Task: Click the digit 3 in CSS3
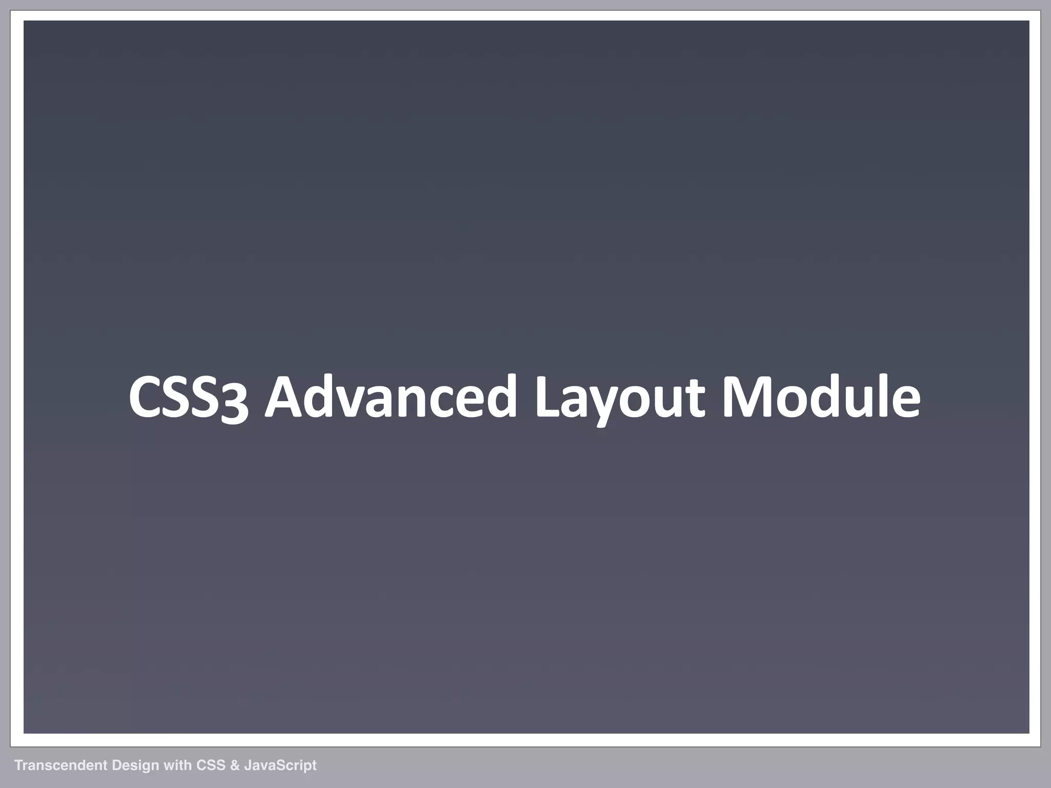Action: point(235,403)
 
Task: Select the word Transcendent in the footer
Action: point(61,765)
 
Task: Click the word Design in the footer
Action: point(135,766)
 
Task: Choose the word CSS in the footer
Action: point(211,765)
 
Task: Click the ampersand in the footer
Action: point(235,765)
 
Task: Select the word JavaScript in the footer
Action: point(280,766)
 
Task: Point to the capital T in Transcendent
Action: point(18,765)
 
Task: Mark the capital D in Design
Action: point(116,765)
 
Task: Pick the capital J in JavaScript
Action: point(247,765)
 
